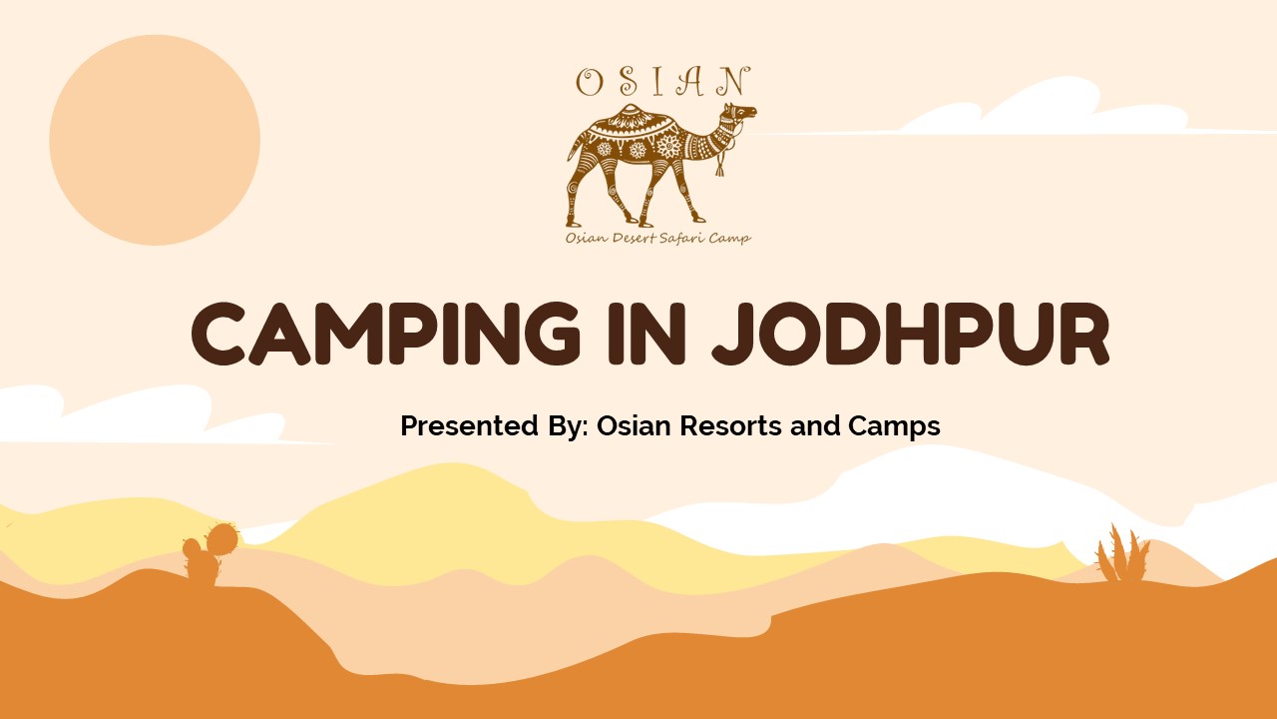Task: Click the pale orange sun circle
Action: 155,140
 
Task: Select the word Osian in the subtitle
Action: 635,426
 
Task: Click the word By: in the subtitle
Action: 563,426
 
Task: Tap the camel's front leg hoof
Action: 697,219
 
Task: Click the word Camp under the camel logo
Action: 731,238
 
